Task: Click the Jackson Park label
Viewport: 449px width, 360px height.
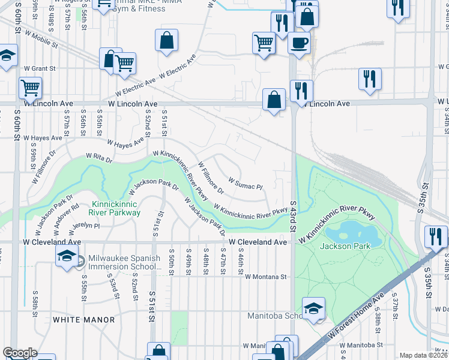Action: [x=342, y=246]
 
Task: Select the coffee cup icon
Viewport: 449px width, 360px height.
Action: [x=299, y=43]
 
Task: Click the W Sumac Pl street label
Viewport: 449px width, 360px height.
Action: [x=246, y=183]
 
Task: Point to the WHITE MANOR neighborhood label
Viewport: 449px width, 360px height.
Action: [x=83, y=320]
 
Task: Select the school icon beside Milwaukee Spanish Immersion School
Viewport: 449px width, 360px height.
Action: [x=67, y=257]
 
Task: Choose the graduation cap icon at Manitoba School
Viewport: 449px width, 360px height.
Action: [x=313, y=309]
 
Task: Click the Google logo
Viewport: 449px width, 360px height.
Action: [x=20, y=353]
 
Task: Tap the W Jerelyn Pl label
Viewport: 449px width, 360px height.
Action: [x=83, y=226]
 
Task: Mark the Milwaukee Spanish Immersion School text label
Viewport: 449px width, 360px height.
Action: [x=124, y=262]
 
